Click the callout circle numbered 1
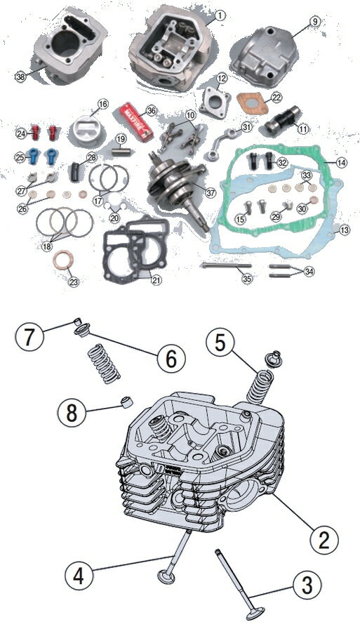point(220,15)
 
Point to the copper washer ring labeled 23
point(63,265)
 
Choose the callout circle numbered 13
point(344,230)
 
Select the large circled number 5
point(219,344)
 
